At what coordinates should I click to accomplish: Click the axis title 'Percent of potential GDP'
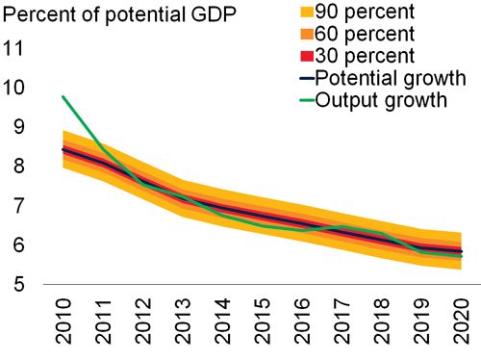pos(122,13)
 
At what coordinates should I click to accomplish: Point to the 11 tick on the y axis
pos(16,48)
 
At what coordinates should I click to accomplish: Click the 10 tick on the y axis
pos(16,88)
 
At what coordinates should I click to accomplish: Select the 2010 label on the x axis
pos(63,324)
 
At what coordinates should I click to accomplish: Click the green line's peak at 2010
pos(63,96)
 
